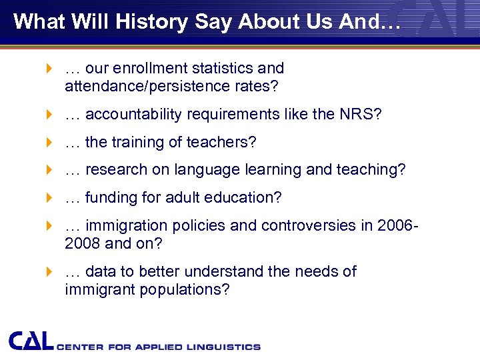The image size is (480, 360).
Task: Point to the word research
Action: pyautogui.click(x=117, y=170)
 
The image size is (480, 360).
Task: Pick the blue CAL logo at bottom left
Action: pyautogui.click(x=31, y=341)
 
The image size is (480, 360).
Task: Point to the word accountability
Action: pyautogui.click(x=134, y=115)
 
